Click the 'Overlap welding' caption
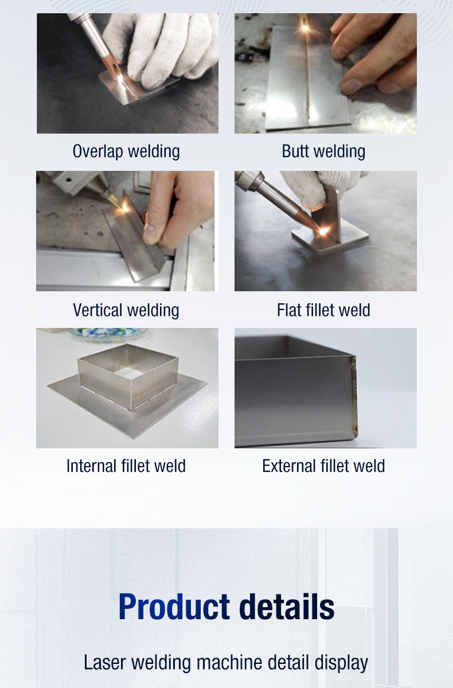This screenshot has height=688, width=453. click(x=126, y=151)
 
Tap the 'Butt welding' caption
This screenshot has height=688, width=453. click(x=323, y=151)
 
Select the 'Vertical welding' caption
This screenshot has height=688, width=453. click(x=126, y=310)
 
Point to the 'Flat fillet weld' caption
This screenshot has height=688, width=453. click(x=323, y=310)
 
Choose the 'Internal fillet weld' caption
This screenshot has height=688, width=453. click(x=126, y=466)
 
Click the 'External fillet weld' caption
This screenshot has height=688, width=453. click(x=323, y=466)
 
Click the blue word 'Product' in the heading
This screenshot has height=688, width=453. click(x=174, y=607)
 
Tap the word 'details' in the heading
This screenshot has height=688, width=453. click(x=287, y=607)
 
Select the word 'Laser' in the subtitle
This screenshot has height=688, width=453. click(x=104, y=663)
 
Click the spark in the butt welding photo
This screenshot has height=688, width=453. click(x=304, y=28)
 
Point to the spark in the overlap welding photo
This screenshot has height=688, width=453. click(x=120, y=79)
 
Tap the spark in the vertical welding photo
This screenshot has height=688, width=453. click(x=124, y=208)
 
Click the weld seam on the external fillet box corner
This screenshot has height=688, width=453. click(x=354, y=396)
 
